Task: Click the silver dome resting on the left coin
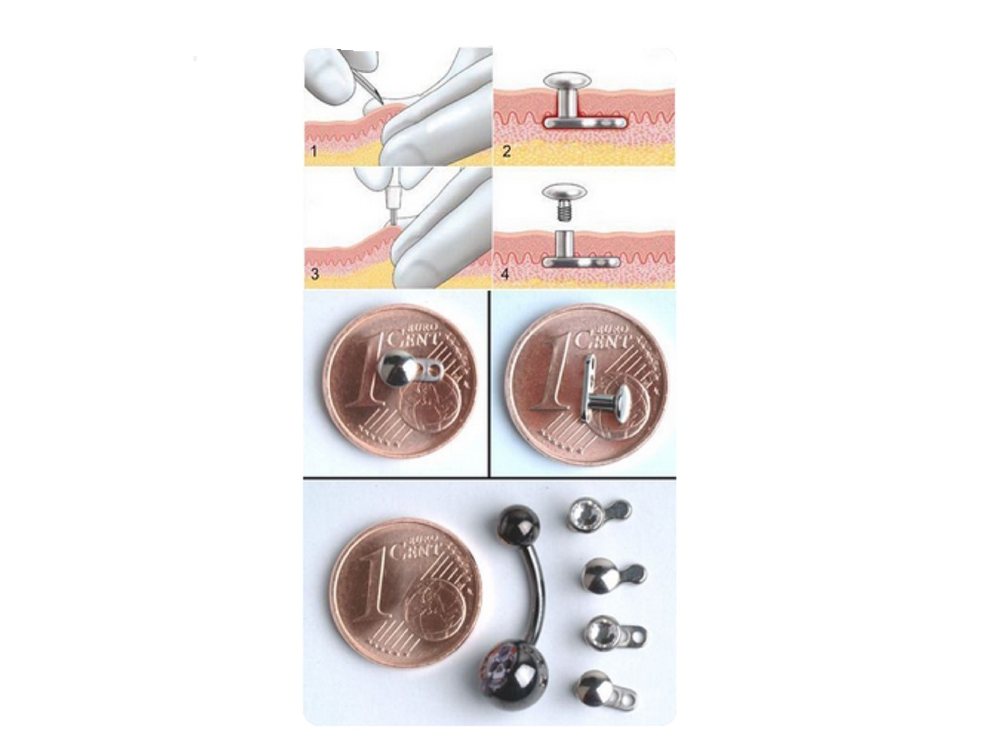tap(395, 371)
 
